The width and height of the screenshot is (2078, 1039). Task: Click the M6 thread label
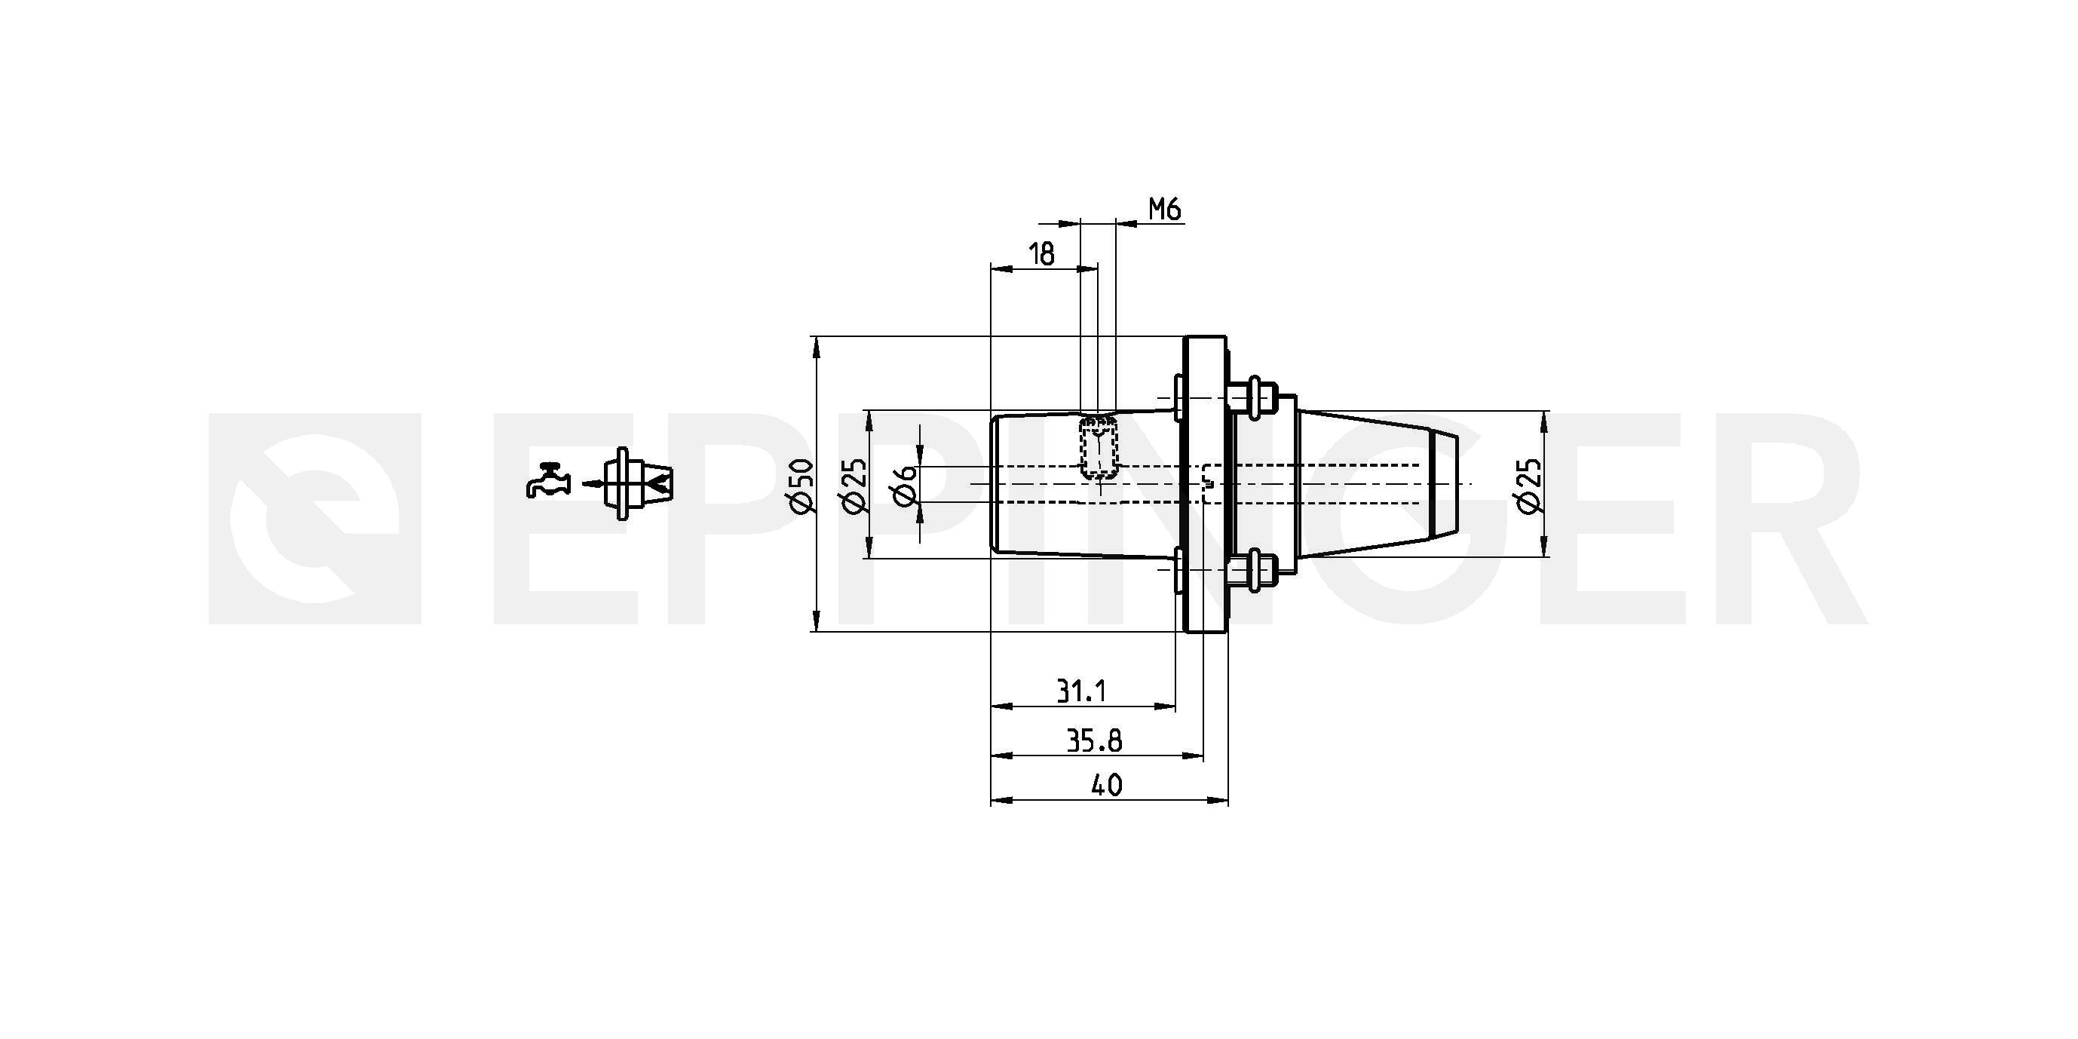coord(1165,210)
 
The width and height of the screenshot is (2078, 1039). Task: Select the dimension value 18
coord(1042,254)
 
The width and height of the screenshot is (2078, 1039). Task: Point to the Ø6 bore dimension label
coord(906,484)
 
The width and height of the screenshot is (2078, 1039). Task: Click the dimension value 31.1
coord(1081,691)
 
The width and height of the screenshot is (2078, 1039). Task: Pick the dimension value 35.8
coord(1094,740)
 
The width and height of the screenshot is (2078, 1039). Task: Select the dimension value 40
coord(1107,785)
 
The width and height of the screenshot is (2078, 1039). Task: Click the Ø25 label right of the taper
coord(1528,485)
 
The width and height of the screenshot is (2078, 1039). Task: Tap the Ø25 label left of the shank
coord(854,485)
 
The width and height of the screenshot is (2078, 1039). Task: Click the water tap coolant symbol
coord(549,481)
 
